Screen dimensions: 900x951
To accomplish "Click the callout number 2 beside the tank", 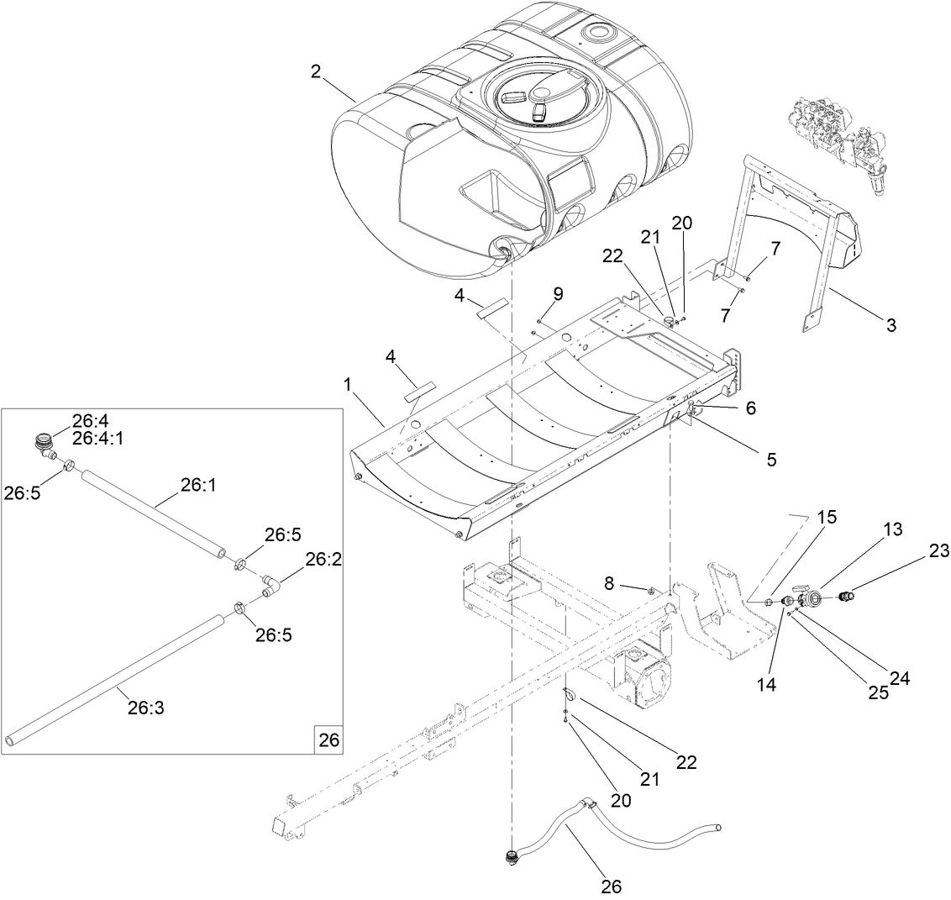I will point(316,71).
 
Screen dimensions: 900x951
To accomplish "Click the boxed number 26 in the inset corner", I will point(328,740).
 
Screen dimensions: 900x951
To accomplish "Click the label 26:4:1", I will point(99,438).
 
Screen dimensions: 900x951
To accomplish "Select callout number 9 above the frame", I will point(558,293).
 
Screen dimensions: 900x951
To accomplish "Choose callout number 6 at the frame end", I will point(750,408).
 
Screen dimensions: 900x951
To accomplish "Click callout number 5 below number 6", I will point(770,459).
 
